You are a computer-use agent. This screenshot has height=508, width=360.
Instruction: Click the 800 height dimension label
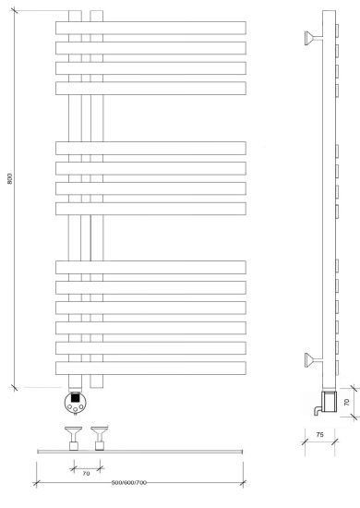coord(10,179)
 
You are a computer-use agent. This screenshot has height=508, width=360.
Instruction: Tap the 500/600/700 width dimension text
coord(129,483)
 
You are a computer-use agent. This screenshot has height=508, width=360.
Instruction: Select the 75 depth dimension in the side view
coord(319,434)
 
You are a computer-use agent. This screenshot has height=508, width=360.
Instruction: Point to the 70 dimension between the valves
coord(86,473)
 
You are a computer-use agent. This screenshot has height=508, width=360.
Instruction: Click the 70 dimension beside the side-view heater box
coord(347,403)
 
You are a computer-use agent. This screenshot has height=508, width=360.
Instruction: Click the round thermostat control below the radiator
coord(76,403)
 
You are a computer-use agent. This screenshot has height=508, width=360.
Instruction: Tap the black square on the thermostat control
coord(76,397)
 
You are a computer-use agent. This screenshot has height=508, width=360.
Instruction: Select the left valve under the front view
coord(73,438)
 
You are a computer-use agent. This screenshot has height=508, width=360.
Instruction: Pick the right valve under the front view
coord(100,438)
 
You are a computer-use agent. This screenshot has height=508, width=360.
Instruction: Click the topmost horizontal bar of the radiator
coord(150,28)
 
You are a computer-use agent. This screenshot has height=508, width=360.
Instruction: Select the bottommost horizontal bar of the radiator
coord(150,368)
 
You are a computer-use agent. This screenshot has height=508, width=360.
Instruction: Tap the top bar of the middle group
coord(150,148)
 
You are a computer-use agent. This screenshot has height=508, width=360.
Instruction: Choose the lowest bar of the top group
coord(150,88)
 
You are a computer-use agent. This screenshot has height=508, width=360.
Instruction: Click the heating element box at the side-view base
coord(329,402)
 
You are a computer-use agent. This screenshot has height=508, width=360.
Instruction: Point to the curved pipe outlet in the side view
coord(318,410)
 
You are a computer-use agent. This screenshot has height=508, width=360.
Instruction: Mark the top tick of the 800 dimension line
coord(14,10)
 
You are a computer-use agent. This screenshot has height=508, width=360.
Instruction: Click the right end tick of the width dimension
coord(243,483)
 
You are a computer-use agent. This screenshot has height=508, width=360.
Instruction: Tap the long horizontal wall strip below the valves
coord(140,452)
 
